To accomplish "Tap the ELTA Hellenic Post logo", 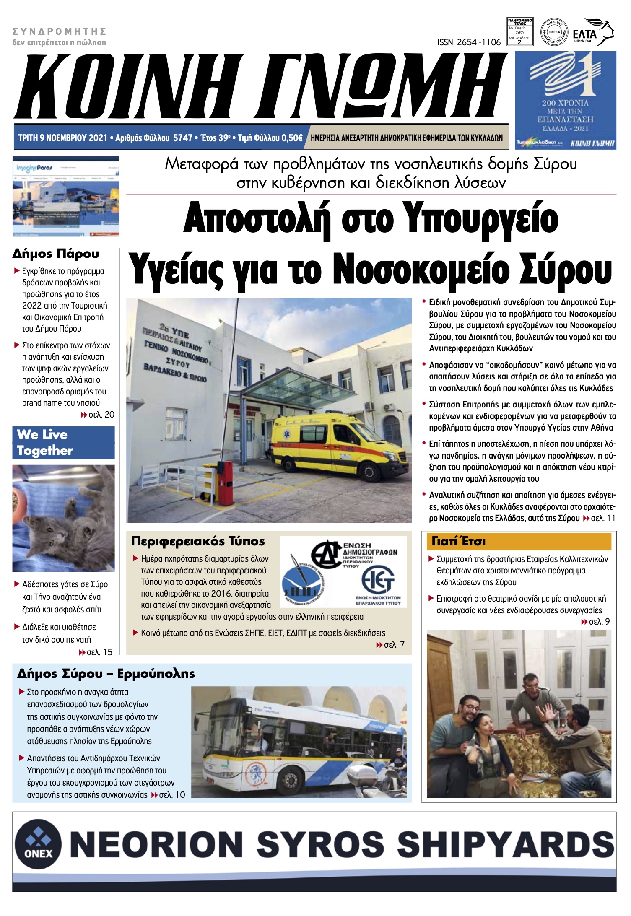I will click(x=592, y=32).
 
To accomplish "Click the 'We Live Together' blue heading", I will click(x=63, y=442).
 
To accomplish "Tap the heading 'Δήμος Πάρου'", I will click(x=56, y=254).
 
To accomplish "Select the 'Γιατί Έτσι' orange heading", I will click(x=459, y=541).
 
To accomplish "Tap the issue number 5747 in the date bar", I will click(x=182, y=138).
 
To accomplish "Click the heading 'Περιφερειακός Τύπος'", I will click(x=198, y=541).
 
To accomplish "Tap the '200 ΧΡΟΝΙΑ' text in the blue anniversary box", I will click(x=565, y=103).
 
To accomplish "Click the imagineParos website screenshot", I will click(x=66, y=197).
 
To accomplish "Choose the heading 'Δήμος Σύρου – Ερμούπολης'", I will click(x=106, y=674).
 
